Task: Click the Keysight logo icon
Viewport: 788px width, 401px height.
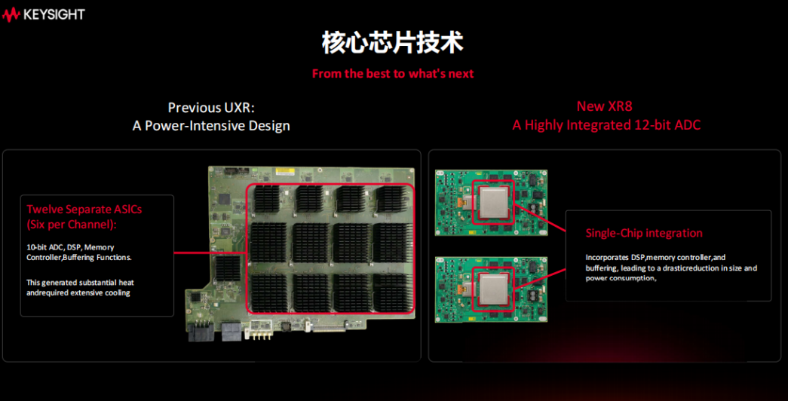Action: [x=11, y=14]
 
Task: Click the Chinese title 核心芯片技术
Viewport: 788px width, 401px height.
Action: [x=393, y=43]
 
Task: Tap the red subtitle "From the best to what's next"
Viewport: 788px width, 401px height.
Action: [x=393, y=74]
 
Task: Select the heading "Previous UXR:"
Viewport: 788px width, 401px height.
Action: [x=211, y=108]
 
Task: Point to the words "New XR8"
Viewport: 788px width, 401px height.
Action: [x=605, y=106]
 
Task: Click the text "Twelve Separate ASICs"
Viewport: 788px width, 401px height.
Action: [x=84, y=209]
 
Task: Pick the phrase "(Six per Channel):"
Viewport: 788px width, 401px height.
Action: [x=72, y=225]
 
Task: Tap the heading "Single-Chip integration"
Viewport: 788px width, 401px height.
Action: [x=644, y=233]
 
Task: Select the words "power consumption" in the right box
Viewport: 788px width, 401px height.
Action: [x=620, y=278]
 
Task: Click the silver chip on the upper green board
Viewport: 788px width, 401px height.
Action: [x=493, y=202]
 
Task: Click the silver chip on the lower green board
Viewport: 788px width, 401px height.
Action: [x=493, y=289]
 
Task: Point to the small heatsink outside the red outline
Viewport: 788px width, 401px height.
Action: [x=228, y=268]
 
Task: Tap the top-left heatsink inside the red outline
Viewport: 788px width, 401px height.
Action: [x=267, y=199]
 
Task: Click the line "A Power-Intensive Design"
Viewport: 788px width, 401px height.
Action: [x=211, y=126]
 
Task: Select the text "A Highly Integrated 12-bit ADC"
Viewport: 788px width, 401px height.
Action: [x=606, y=125]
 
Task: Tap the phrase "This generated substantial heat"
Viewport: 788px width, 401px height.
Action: [x=81, y=283]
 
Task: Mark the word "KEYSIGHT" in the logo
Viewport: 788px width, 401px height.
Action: [x=54, y=14]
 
